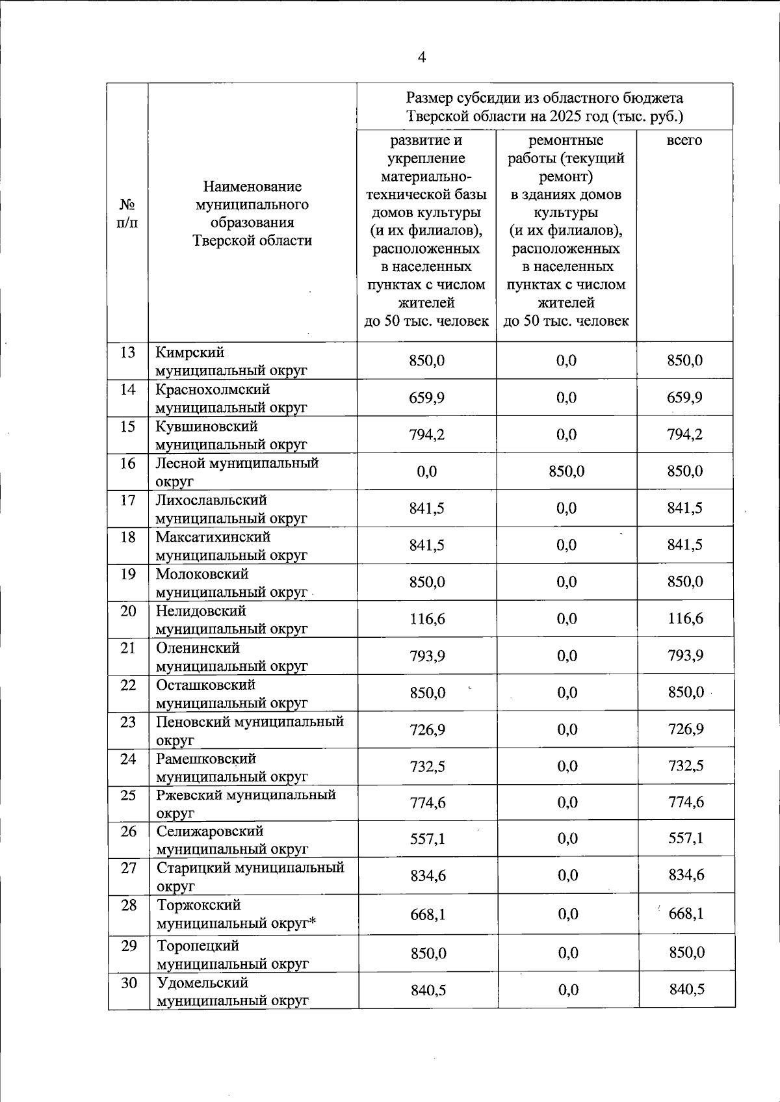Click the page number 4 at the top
click(x=421, y=58)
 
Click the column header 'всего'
click(x=684, y=140)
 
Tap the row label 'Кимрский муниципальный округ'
click(x=231, y=361)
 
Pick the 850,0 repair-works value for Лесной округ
click(x=566, y=471)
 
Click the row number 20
click(x=128, y=611)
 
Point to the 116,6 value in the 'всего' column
click(x=684, y=619)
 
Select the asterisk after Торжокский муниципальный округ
click(x=312, y=923)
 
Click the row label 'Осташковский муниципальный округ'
click(x=231, y=694)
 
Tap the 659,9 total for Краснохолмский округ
click(x=684, y=397)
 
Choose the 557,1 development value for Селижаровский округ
click(x=427, y=839)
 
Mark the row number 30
click(x=129, y=983)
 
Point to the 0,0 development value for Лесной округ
click(x=427, y=471)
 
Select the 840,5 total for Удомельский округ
click(x=686, y=990)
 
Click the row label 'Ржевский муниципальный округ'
click(x=246, y=804)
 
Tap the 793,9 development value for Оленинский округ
click(x=427, y=656)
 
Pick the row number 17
click(x=128, y=501)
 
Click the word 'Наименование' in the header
click(x=252, y=187)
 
